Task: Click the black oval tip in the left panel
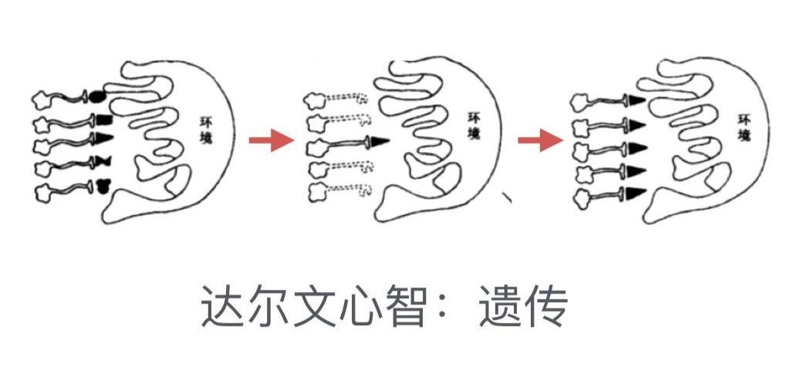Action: (x=97, y=96)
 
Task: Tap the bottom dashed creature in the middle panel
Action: (x=339, y=190)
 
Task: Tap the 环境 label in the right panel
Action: (x=744, y=128)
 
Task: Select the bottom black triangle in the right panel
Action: (x=636, y=193)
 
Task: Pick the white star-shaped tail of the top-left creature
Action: (x=43, y=99)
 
